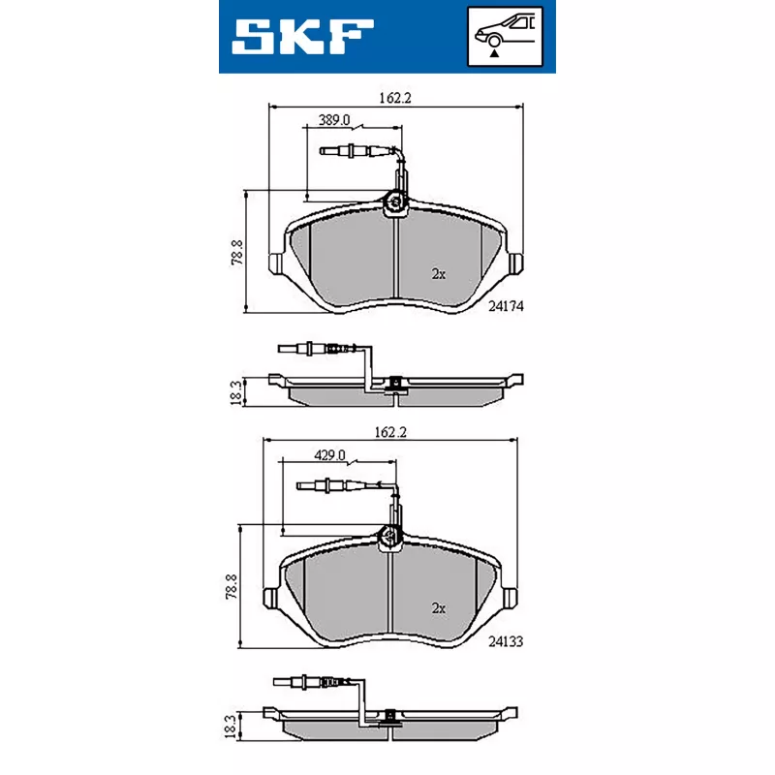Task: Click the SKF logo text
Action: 302,36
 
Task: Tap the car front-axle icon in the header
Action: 505,37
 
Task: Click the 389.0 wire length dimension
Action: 334,120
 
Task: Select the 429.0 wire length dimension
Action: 329,455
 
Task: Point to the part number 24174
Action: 506,306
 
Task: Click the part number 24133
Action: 506,641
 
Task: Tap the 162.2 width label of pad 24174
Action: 395,98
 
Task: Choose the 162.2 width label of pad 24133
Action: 390,432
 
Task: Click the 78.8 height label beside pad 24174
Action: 237,252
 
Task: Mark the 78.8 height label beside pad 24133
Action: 232,587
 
